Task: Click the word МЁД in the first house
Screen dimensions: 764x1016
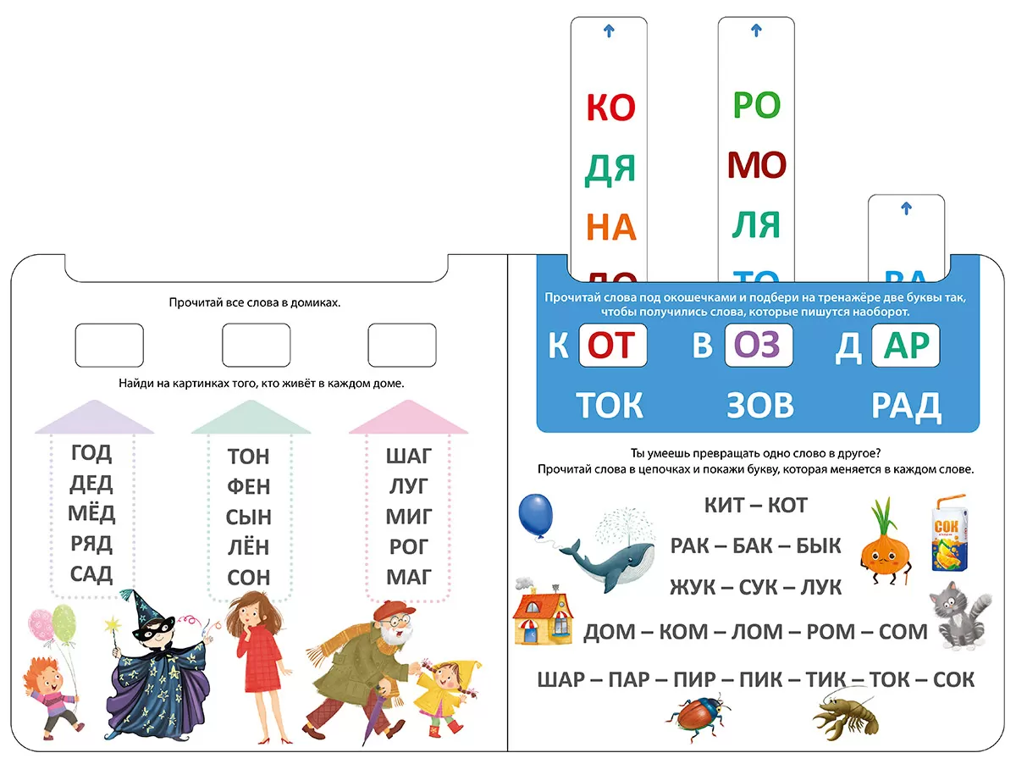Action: (x=91, y=513)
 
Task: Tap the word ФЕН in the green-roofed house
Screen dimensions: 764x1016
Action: (x=248, y=487)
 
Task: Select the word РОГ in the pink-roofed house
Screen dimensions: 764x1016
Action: (x=409, y=547)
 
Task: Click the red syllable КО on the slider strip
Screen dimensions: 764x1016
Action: (x=610, y=108)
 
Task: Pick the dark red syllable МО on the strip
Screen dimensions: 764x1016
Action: (x=757, y=166)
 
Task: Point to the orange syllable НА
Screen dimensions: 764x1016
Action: (x=610, y=228)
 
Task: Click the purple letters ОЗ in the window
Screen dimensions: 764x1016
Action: (x=759, y=346)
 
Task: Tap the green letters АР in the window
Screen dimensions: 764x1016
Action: (x=905, y=346)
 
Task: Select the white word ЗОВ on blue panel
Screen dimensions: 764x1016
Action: (x=759, y=406)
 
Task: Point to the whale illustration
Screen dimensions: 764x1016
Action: (x=607, y=554)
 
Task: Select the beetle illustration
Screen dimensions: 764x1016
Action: (x=698, y=716)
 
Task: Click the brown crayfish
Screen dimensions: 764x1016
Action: (x=844, y=717)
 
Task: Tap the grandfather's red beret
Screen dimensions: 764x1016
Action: (x=389, y=610)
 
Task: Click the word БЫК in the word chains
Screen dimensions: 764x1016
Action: (x=818, y=545)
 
